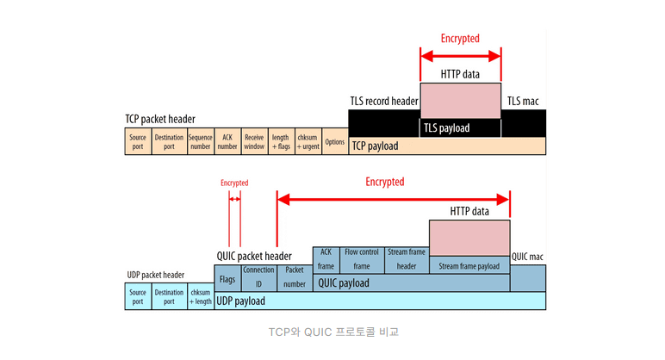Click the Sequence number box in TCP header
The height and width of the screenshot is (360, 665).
pyautogui.click(x=200, y=141)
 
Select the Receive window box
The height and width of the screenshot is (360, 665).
pyautogui.click(x=254, y=141)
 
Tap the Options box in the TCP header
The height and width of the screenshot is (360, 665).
pyautogui.click(x=335, y=141)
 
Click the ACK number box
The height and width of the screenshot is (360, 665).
pyautogui.click(x=227, y=141)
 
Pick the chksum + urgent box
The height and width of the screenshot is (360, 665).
pyautogui.click(x=308, y=141)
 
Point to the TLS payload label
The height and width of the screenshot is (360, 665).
pyautogui.click(x=446, y=128)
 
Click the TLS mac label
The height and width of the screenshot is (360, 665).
pyautogui.click(x=523, y=102)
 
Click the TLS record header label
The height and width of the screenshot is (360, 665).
pyautogui.click(x=384, y=102)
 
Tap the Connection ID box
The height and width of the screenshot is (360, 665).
pyautogui.click(x=258, y=276)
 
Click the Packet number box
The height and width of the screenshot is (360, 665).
pyautogui.click(x=295, y=276)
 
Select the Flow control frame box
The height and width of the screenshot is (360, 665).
pyautogui.click(x=362, y=259)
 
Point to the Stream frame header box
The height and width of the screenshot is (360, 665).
pyautogui.click(x=407, y=259)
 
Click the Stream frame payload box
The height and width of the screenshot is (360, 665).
pyautogui.click(x=469, y=266)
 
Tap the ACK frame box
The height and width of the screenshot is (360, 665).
pyautogui.click(x=326, y=259)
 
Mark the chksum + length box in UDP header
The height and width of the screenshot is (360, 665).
pyautogui.click(x=200, y=296)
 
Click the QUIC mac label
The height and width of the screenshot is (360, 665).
pyautogui.click(x=527, y=257)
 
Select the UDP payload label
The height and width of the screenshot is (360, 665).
pyautogui.click(x=240, y=301)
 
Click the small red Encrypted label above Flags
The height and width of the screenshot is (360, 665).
pyautogui.click(x=234, y=183)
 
